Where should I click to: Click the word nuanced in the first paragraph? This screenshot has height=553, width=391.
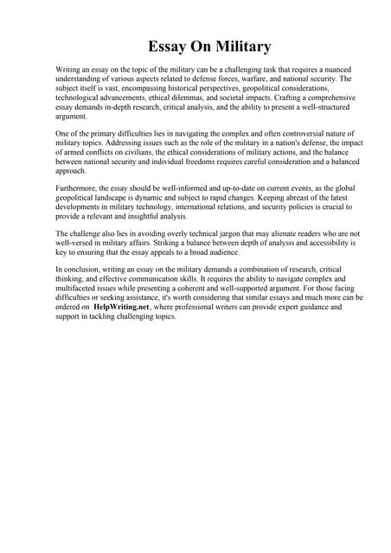click(x=331, y=67)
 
